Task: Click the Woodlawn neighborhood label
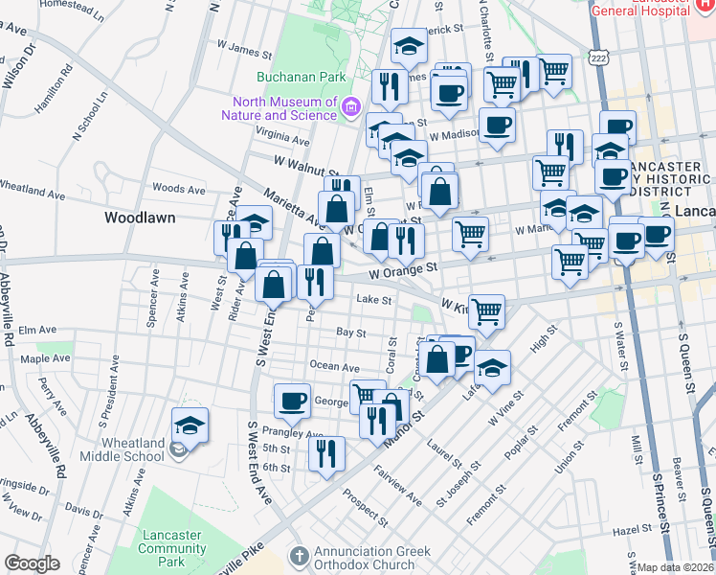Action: pos(140,218)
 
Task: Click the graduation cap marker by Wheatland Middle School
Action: pos(190,425)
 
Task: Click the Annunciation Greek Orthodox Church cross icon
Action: pos(300,555)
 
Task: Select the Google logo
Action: pos(32,563)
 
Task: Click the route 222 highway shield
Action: pos(599,58)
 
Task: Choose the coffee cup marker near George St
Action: pos(292,400)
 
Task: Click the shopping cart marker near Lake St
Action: pos(487,310)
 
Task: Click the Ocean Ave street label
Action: pos(334,367)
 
